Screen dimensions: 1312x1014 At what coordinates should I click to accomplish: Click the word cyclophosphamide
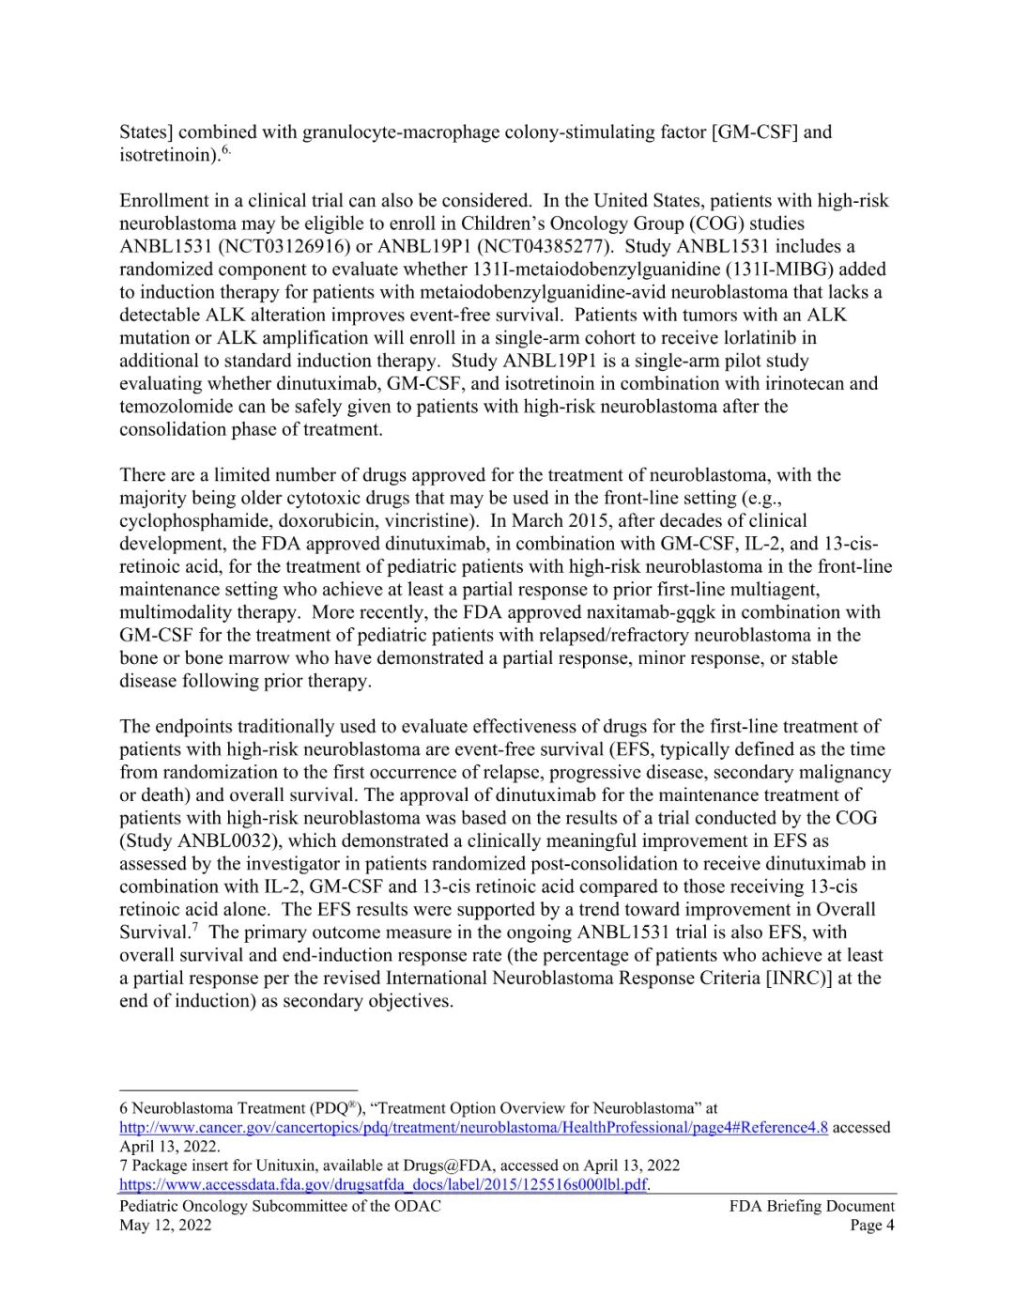pyautogui.click(x=192, y=520)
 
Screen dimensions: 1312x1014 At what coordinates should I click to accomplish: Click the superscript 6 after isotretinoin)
pyautogui.click(x=226, y=149)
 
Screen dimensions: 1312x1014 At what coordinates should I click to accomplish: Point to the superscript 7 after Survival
pyautogui.click(x=194, y=928)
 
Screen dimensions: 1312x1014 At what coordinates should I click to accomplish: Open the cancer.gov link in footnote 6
pyautogui.click(x=473, y=1127)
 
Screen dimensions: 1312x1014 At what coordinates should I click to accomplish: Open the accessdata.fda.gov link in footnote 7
pyautogui.click(x=383, y=1184)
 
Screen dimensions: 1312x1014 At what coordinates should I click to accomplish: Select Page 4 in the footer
pyautogui.click(x=872, y=1225)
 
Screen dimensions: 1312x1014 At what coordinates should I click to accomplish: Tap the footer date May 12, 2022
pyautogui.click(x=165, y=1225)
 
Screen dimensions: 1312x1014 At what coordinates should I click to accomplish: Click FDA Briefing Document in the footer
pyautogui.click(x=811, y=1206)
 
